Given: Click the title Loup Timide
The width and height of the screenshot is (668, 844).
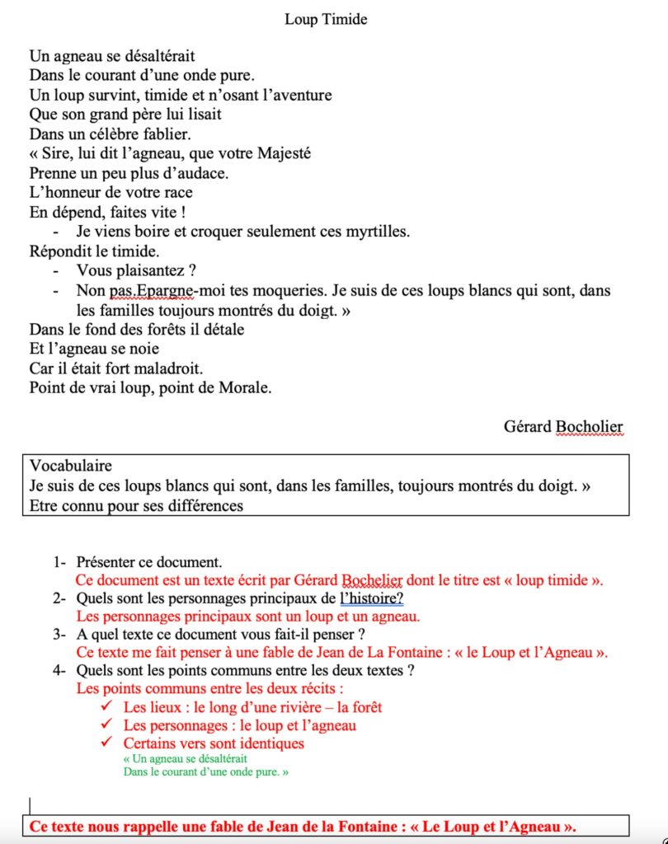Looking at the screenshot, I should coord(326,20).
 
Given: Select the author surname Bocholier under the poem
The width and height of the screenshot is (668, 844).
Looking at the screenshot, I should coord(589,426).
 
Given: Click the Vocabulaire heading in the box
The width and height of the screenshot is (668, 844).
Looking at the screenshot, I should coord(70,467).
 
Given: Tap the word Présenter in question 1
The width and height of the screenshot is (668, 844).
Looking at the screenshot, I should coord(108,563).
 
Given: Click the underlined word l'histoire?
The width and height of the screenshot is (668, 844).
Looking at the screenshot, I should coord(371,599).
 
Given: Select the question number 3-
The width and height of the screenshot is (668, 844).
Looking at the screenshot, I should coord(59,635).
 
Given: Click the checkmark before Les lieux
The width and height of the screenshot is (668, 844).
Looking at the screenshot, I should coord(105,707).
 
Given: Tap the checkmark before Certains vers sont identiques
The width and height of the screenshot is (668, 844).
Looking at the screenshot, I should coord(105,743).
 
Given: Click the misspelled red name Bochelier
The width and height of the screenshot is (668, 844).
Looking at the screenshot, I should coord(371,580).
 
